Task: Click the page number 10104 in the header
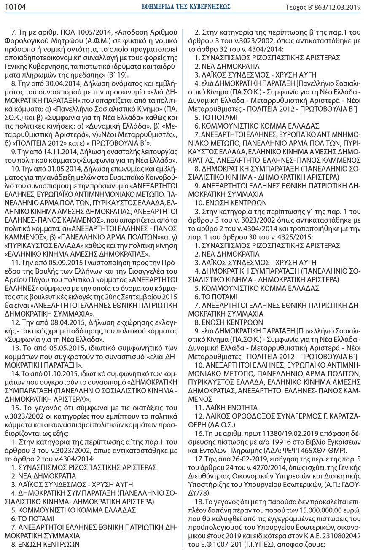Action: pyautogui.click(x=15, y=6)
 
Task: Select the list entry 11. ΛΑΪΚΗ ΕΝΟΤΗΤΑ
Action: pyautogui.click(x=226, y=408)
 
